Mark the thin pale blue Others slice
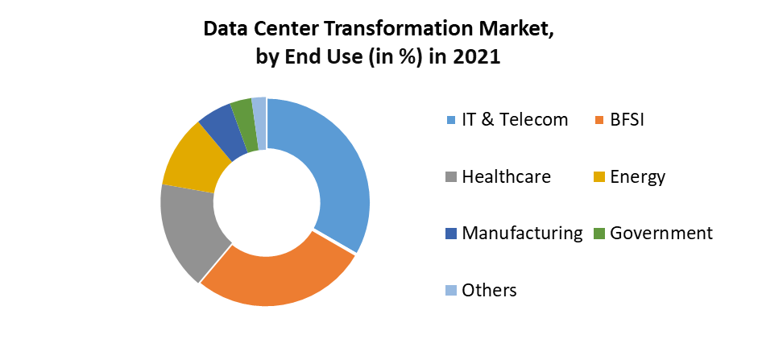[259, 114]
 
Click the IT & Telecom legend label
[515, 120]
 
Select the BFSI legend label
[628, 120]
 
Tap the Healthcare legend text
[506, 176]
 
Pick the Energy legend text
[638, 176]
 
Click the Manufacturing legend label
[522, 233]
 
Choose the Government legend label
[661, 233]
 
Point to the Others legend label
[489, 290]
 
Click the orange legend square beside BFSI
[599, 121]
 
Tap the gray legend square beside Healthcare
[451, 177]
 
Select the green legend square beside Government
[599, 234]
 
